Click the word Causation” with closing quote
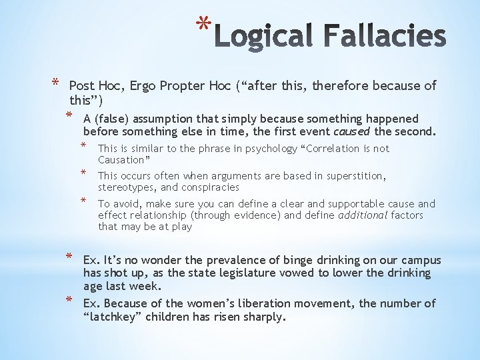coord(124,160)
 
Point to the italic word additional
coord(363,215)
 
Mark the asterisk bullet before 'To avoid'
coord(84,201)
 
